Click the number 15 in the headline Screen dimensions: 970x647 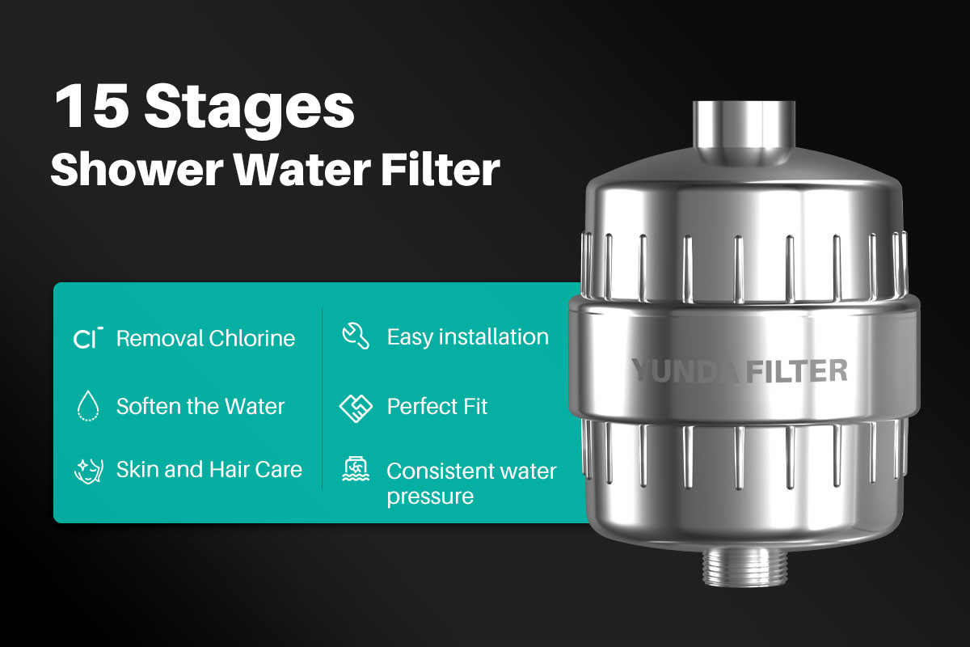[92, 106]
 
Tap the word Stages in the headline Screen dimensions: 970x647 [250, 111]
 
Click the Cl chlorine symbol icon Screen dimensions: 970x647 [88, 338]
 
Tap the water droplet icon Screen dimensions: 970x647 [88, 406]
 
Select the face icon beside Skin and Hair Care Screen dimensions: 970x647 [89, 471]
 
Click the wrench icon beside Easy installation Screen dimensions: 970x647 [356, 336]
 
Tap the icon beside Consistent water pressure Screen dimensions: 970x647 [356, 469]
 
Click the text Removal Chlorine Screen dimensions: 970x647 [205, 338]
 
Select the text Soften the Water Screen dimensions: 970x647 [200, 407]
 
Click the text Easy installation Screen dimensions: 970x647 [468, 337]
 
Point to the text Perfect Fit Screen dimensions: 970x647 [437, 407]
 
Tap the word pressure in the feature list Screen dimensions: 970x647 [430, 497]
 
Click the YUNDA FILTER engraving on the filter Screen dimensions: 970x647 [740, 371]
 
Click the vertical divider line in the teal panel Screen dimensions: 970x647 [323, 399]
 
